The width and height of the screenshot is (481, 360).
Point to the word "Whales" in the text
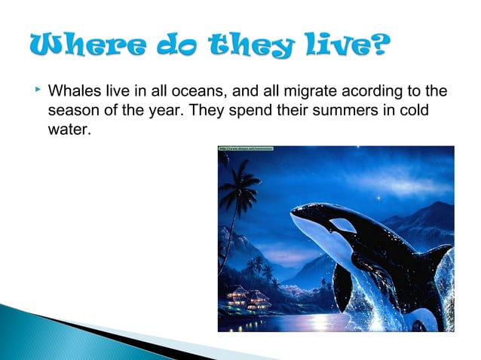point(73,92)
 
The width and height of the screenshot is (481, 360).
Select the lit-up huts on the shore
point(248,297)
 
